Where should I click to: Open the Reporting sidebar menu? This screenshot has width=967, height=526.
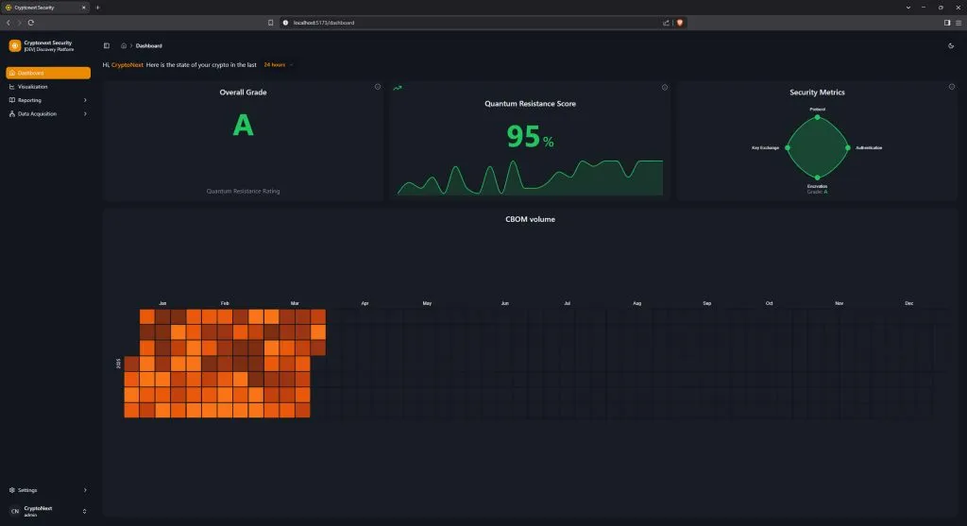click(x=29, y=100)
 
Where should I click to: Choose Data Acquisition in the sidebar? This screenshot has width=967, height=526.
click(x=37, y=113)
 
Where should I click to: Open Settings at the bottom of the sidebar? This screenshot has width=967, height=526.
click(x=27, y=490)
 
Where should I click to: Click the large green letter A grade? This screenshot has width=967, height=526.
click(x=243, y=126)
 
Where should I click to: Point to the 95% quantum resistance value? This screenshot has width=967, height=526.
click(x=530, y=138)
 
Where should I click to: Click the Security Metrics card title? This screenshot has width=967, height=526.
click(x=817, y=93)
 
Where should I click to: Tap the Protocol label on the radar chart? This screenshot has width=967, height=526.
click(x=818, y=110)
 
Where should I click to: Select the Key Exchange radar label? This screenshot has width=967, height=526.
click(x=765, y=148)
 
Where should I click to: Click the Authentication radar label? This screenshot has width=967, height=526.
click(x=869, y=148)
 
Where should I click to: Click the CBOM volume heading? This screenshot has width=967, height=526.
click(x=530, y=219)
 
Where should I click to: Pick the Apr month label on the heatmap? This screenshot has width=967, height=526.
click(x=365, y=303)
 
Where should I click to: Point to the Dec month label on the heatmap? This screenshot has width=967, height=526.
click(x=909, y=303)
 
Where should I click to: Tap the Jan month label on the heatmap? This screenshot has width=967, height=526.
click(x=162, y=303)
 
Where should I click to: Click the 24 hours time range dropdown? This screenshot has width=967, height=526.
click(x=277, y=64)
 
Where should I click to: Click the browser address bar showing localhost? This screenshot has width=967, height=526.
click(x=472, y=22)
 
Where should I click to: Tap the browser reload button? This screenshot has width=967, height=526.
click(x=30, y=22)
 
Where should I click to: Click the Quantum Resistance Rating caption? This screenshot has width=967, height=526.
click(x=243, y=191)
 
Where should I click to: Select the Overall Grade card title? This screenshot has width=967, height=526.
click(x=243, y=93)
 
